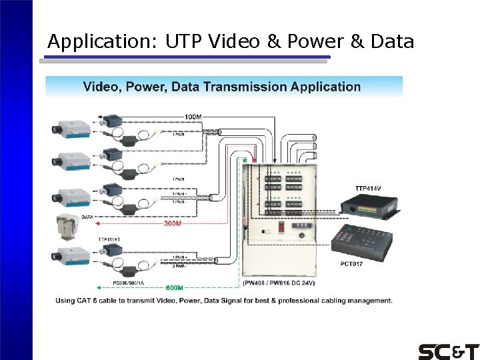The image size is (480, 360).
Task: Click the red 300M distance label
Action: point(173,224)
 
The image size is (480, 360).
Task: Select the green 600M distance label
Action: point(173,287)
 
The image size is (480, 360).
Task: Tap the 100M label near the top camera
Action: point(193,117)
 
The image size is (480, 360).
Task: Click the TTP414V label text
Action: point(369,189)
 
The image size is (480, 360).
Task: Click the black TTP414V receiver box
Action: point(368,207)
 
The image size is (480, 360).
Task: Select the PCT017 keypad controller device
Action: point(362,241)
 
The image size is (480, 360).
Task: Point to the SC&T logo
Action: point(448,351)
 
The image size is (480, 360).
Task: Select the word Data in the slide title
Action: point(391,42)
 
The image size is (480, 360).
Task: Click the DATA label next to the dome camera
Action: point(87,217)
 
